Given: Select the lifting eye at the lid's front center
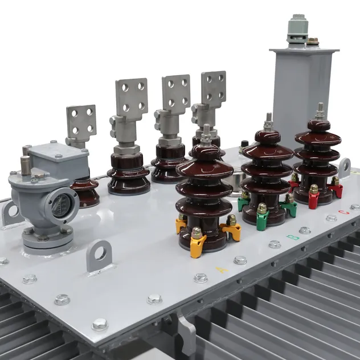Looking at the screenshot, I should pyautogui.click(x=100, y=256).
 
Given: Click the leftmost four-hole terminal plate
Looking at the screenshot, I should pyautogui.click(x=81, y=122).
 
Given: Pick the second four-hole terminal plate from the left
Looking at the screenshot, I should pyautogui.click(x=132, y=97).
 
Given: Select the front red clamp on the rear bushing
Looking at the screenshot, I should pyautogui.click(x=314, y=197).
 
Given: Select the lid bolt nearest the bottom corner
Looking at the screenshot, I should pyautogui.click(x=100, y=324).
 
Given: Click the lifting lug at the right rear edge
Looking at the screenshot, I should pyautogui.click(x=345, y=166).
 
